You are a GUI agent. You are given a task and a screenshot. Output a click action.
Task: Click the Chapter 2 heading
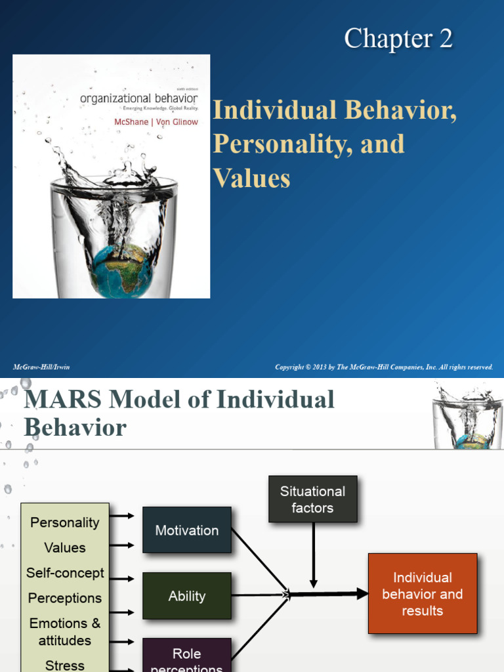pyautogui.click(x=398, y=39)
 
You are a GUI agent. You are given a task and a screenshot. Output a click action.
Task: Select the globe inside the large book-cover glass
pyautogui.click(x=121, y=270)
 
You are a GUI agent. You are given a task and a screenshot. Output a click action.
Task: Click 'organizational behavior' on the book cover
pyautogui.click(x=138, y=98)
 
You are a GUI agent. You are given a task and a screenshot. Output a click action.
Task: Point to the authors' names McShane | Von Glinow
pyautogui.click(x=156, y=121)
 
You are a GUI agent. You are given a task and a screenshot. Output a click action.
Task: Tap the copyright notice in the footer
pyautogui.click(x=384, y=367)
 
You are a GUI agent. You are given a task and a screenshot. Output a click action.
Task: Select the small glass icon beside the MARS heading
pyautogui.click(x=467, y=416)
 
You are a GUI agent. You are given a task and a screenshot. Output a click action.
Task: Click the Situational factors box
pyautogui.click(x=313, y=499)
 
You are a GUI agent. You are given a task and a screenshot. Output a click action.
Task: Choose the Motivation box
pyautogui.click(x=187, y=530)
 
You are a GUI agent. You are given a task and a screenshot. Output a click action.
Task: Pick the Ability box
pyautogui.click(x=187, y=596)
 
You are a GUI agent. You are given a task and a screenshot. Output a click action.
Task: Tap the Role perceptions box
pyautogui.click(x=187, y=658)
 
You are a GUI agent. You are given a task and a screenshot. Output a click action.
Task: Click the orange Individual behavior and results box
pyautogui.click(x=423, y=594)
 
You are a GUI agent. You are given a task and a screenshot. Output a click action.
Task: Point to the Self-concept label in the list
pyautogui.click(x=65, y=573)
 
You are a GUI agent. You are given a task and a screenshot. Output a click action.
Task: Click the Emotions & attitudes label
pyautogui.click(x=65, y=631)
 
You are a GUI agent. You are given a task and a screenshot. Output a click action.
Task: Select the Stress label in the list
pyautogui.click(x=65, y=665)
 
